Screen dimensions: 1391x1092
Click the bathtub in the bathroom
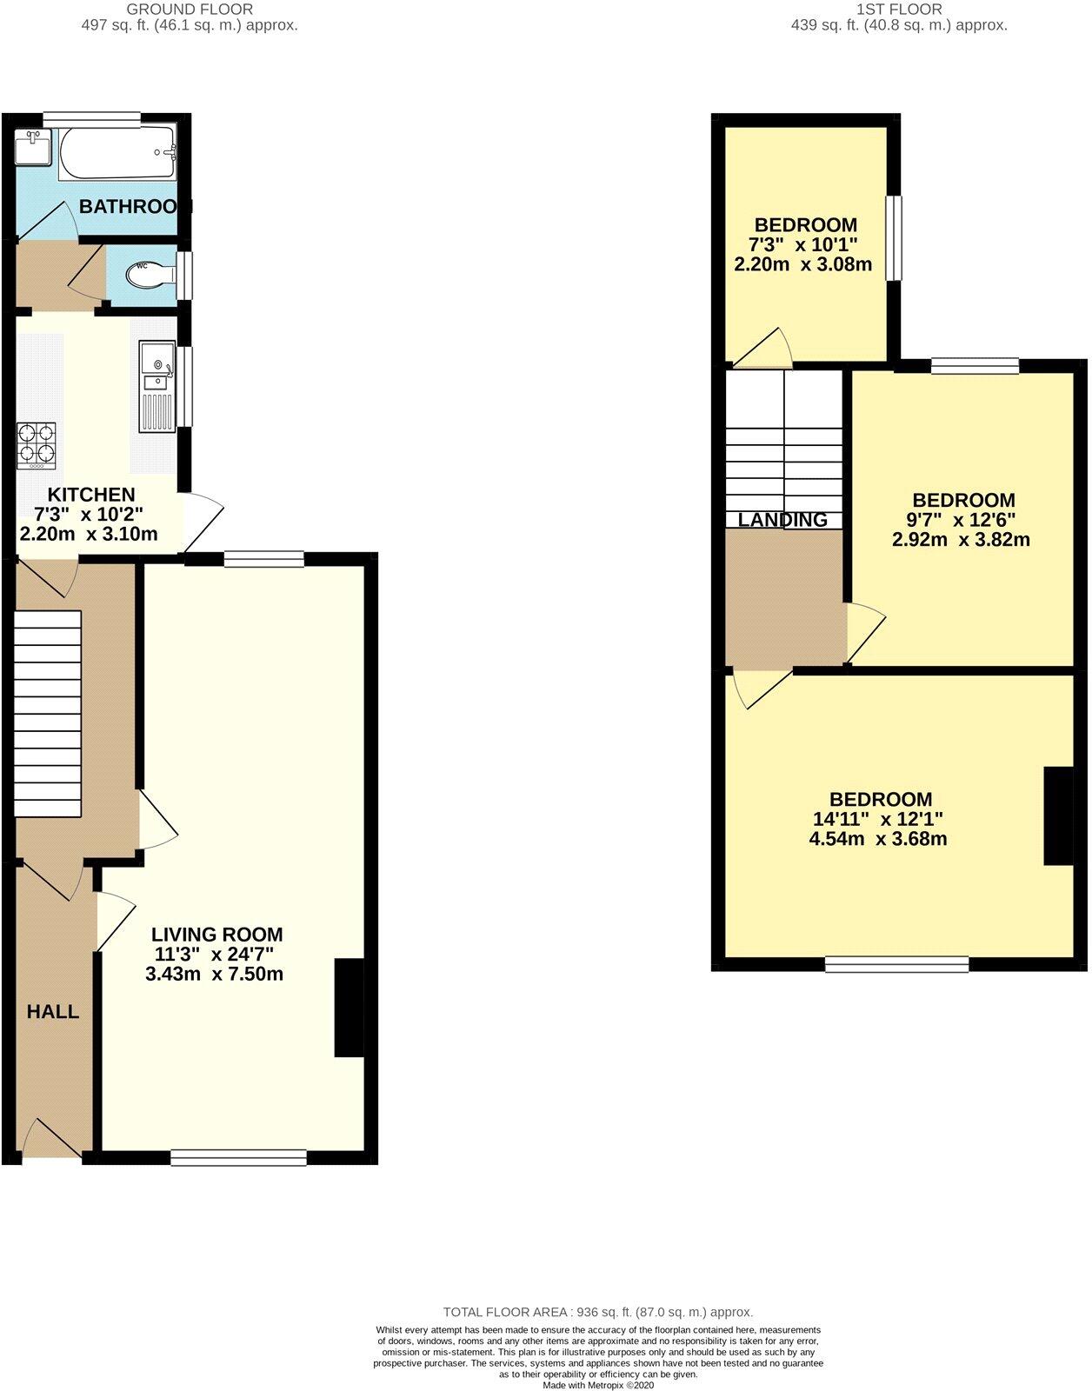[x=117, y=153]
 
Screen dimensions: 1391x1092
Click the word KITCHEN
[x=84, y=494]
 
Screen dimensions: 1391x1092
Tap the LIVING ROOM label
[x=216, y=935]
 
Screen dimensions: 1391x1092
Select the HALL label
[x=53, y=1011]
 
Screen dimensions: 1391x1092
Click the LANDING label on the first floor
[x=782, y=520]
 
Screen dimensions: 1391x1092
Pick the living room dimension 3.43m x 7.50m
[x=214, y=974]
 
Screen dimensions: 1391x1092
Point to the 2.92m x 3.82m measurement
[x=961, y=539]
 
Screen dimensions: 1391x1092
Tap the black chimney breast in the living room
[x=349, y=1008]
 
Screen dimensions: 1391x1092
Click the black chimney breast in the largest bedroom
[x=1057, y=815]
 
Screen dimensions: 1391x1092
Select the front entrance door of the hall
[x=51, y=1141]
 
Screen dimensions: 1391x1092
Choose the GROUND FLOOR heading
[x=190, y=9]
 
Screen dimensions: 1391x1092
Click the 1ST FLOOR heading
[x=899, y=9]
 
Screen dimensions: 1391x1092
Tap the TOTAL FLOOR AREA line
[x=597, y=1312]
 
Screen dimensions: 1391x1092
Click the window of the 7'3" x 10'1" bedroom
[x=894, y=238]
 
